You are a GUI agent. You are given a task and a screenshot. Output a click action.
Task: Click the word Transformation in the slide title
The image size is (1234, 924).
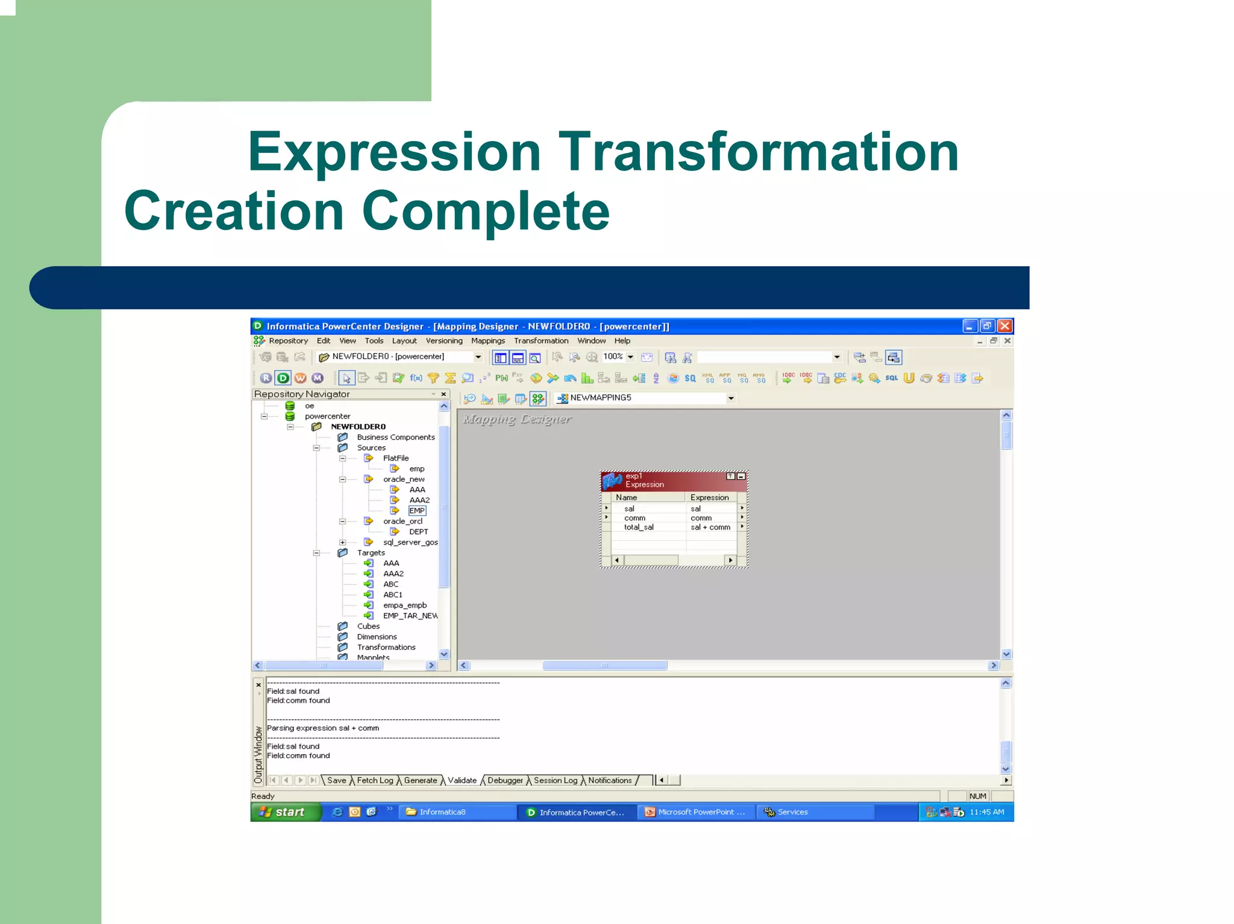tap(758, 152)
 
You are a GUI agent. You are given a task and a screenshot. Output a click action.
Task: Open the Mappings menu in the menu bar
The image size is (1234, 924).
tap(487, 341)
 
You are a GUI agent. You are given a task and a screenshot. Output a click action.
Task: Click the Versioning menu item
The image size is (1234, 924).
tap(443, 341)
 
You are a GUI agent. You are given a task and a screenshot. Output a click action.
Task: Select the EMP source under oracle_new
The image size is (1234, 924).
tap(417, 511)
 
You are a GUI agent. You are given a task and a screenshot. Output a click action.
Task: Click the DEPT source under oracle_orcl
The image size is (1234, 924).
tap(418, 532)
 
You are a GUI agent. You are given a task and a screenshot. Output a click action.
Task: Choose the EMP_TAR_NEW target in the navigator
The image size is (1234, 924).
tap(410, 616)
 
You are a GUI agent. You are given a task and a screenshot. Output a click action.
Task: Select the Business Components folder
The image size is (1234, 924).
tap(395, 437)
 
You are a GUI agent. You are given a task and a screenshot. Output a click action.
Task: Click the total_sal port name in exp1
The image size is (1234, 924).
tap(639, 527)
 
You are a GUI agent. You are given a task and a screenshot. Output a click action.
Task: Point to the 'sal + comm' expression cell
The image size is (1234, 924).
tap(710, 527)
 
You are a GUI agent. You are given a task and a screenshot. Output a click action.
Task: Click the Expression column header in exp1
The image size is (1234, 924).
tap(709, 498)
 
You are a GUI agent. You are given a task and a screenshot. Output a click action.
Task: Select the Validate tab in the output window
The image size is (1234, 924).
tap(462, 781)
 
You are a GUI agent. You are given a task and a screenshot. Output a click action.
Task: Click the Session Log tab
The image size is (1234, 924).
tap(555, 781)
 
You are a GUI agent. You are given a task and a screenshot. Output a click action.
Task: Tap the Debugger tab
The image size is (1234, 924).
tap(505, 781)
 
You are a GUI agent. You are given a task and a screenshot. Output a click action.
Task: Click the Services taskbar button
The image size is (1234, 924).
tap(792, 812)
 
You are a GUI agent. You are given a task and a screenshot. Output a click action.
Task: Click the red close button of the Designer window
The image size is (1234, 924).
tap(1004, 326)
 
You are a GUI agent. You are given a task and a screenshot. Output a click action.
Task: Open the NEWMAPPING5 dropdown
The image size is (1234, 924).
tap(730, 398)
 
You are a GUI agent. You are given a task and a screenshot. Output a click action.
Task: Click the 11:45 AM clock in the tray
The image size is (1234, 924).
tap(986, 812)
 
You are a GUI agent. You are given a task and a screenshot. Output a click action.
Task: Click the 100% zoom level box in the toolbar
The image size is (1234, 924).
tap(613, 357)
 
